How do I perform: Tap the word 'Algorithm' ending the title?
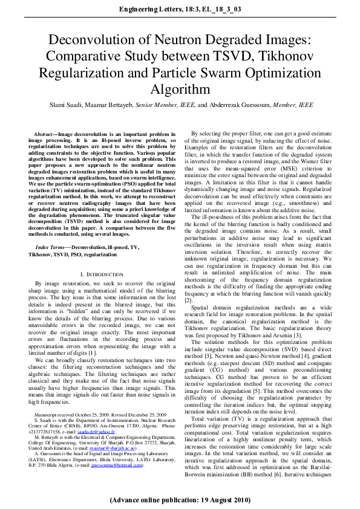[x=180, y=89]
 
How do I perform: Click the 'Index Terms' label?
[x=52, y=248]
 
